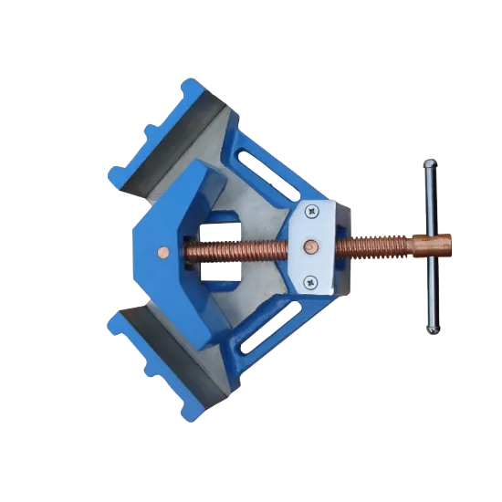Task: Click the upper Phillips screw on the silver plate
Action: coord(312,212)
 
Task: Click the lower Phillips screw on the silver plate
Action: coord(310,280)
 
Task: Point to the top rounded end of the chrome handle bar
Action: coord(428,166)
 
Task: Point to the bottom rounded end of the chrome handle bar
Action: coord(431,328)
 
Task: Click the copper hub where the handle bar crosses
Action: coord(432,246)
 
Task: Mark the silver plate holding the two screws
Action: coord(312,246)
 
